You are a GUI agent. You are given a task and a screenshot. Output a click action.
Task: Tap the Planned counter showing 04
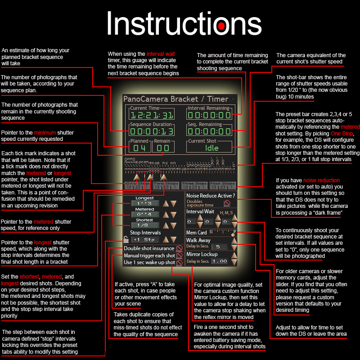[139, 148]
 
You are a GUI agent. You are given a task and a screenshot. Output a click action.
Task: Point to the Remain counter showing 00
[163, 148]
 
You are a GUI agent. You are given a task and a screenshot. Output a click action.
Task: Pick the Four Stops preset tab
[222, 184]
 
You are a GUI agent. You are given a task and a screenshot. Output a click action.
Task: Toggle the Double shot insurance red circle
[179, 248]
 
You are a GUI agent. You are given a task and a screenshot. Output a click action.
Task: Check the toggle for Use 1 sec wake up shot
[179, 263]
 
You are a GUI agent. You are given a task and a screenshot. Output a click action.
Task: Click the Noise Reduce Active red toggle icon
[227, 203]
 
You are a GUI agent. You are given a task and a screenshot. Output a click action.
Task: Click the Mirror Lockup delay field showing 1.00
[220, 261]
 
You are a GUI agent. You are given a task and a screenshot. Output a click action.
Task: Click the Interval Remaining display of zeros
[209, 115]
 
